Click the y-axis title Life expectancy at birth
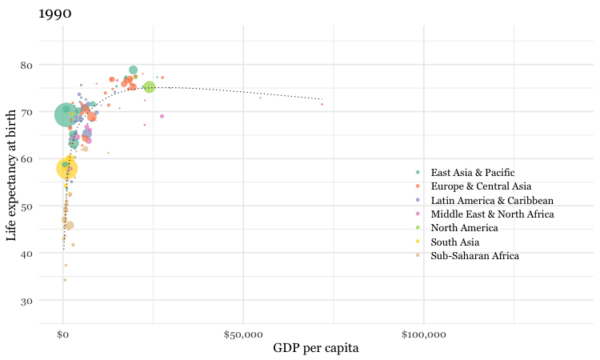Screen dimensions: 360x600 coord(11,174)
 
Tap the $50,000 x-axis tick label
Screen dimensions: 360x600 coord(243,331)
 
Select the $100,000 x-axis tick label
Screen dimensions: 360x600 coord(423,331)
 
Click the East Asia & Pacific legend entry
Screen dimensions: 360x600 coord(472,173)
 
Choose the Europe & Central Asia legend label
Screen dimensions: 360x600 coord(480,186)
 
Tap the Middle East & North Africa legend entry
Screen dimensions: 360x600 coord(492,214)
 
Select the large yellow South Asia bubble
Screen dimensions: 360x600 coord(67,169)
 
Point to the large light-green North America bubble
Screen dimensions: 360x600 coord(150,87)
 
